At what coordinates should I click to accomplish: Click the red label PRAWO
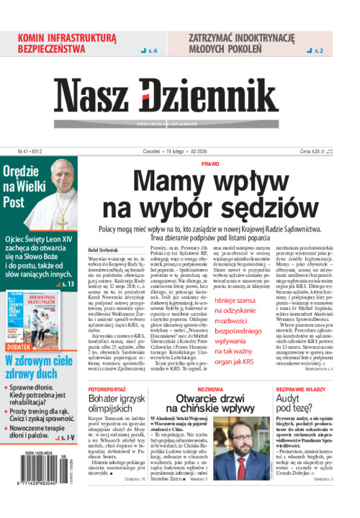[x=210, y=164]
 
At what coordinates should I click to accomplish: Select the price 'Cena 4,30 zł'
[x=318, y=152]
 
